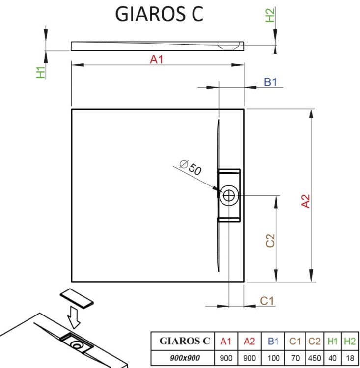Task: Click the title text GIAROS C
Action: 159,14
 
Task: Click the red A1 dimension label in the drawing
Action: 157,59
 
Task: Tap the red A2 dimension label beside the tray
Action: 306,201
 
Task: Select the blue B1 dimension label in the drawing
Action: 271,82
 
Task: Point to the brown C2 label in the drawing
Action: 270,240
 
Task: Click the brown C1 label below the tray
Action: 266,301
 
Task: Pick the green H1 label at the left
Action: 40,72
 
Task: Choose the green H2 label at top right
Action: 270,15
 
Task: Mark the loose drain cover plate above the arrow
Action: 76,297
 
